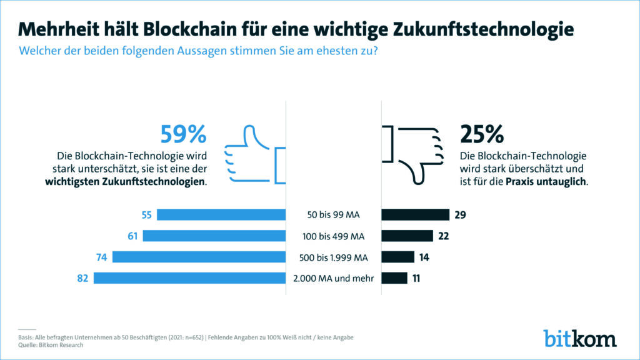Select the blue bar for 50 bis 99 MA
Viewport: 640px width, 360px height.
(221, 215)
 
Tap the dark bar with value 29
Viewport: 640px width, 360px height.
(416, 215)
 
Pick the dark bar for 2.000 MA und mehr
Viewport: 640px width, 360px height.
(394, 278)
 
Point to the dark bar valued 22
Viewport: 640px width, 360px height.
(407, 236)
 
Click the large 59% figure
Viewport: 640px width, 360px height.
(183, 134)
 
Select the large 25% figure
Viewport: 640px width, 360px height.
(481, 134)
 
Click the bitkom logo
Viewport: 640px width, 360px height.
(579, 337)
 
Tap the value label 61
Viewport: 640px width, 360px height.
(132, 236)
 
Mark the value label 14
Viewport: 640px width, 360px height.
(424, 257)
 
